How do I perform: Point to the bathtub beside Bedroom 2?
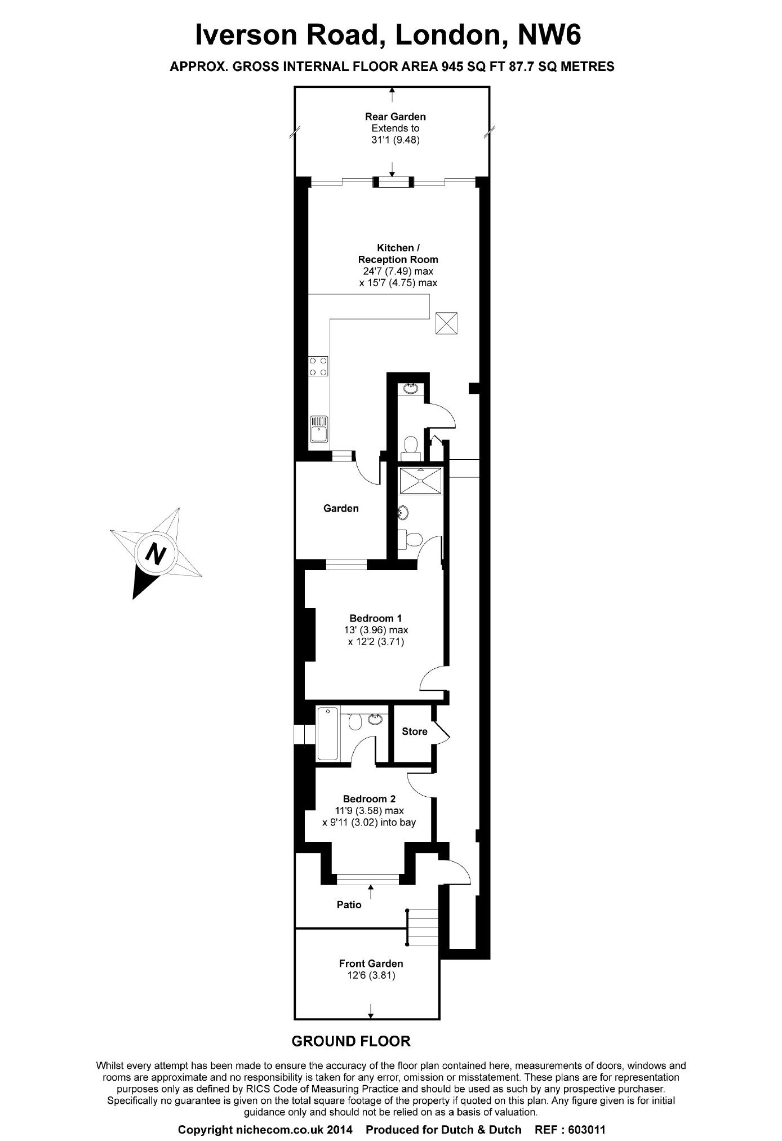[328, 733]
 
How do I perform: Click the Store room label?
[414, 731]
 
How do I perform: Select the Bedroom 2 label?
[369, 798]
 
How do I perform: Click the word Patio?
[349, 904]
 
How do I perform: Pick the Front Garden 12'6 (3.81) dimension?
[371, 975]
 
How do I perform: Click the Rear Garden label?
[395, 117]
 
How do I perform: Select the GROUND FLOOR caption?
[351, 1041]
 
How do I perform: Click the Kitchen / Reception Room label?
[398, 254]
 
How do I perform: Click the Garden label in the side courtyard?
[341, 508]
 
